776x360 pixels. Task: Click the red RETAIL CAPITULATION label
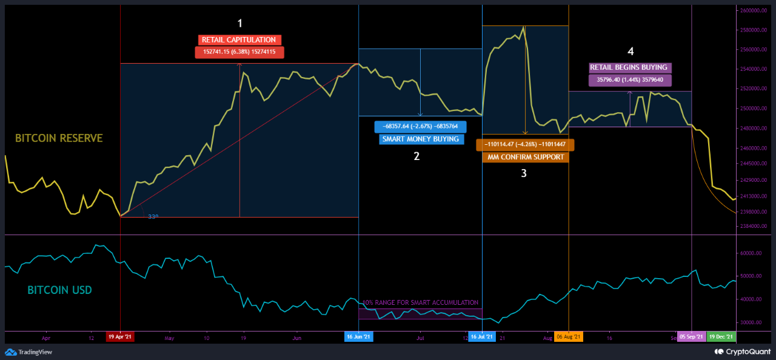239,40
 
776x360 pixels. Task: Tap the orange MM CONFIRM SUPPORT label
525,157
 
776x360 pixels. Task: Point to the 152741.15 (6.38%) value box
239,52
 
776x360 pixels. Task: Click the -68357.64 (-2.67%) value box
421,127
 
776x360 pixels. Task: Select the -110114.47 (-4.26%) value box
525,145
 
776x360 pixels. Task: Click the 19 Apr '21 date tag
120,336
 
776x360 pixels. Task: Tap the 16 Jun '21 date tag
359,336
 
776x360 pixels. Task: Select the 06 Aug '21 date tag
569,336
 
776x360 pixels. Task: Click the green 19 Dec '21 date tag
721,336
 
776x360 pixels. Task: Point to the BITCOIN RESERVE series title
59,138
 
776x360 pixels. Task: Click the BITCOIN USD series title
60,290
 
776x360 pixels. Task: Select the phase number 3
524,173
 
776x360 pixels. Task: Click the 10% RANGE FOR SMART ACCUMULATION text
420,302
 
